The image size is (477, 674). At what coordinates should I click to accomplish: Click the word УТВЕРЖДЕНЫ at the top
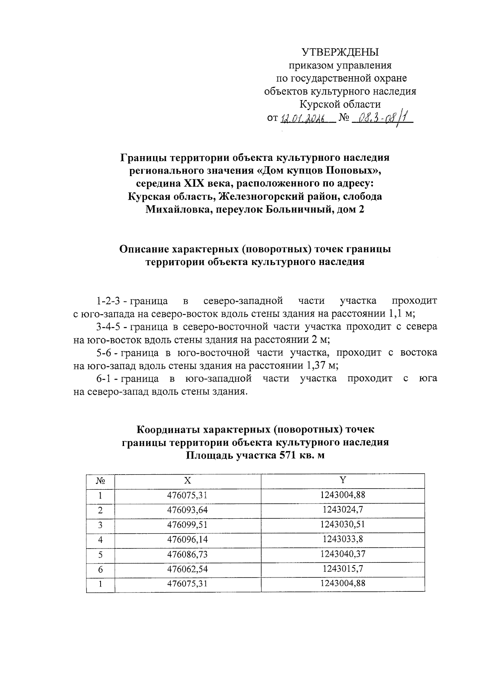[x=340, y=52]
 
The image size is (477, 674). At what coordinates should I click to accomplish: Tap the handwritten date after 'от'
[x=303, y=119]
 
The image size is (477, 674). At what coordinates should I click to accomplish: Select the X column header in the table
[x=187, y=480]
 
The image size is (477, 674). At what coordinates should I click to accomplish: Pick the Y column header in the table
[x=343, y=480]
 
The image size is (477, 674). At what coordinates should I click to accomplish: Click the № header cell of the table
[x=100, y=481]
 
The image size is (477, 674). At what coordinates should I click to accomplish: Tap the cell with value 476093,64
[x=187, y=510]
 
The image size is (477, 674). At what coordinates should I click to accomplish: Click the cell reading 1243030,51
[x=343, y=524]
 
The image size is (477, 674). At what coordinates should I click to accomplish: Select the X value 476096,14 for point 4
[x=187, y=539]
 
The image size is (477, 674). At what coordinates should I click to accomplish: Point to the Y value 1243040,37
[x=343, y=554]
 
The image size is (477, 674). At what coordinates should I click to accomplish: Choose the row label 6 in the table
[x=100, y=569]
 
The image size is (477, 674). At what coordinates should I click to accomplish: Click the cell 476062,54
[x=187, y=569]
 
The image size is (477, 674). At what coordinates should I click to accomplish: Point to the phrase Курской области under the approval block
[x=340, y=104]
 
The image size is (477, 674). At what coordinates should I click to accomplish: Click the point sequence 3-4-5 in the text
[x=108, y=327]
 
